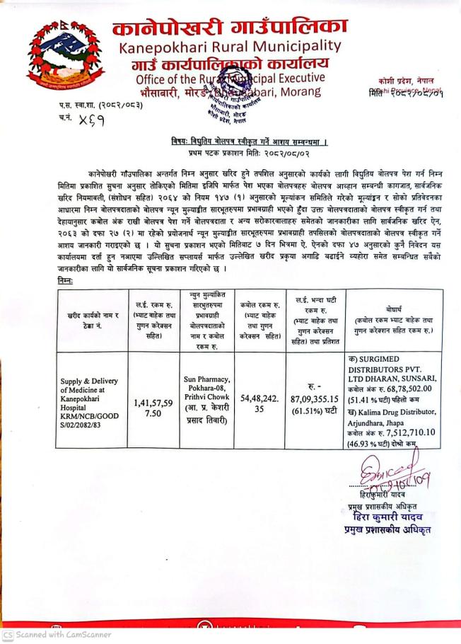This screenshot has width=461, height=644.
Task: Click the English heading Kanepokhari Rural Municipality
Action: [230, 47]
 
